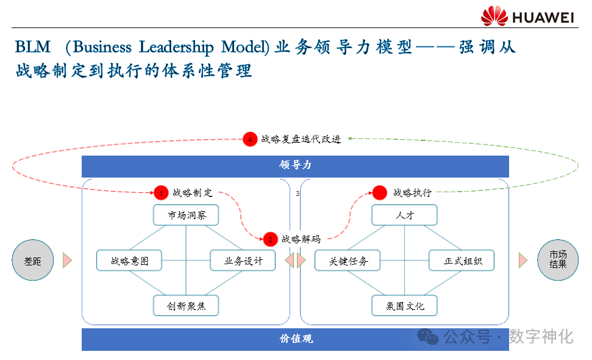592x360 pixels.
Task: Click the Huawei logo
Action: (527, 16)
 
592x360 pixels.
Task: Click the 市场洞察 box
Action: (185, 215)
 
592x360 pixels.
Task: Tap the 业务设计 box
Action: (243, 261)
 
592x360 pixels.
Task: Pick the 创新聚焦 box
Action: (185, 306)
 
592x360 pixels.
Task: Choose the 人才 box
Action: (405, 215)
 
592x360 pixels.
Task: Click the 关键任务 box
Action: (348, 261)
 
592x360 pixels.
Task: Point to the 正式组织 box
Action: (461, 261)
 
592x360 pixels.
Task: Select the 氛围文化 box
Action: (405, 306)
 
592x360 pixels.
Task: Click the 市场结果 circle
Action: (557, 260)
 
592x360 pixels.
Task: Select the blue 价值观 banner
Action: (295, 339)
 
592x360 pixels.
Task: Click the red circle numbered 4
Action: (249, 139)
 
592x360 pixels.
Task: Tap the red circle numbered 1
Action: (161, 193)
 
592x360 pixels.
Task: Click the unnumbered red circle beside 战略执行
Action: (380, 193)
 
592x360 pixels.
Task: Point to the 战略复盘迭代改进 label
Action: (301, 139)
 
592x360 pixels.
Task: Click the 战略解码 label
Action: (301, 239)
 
